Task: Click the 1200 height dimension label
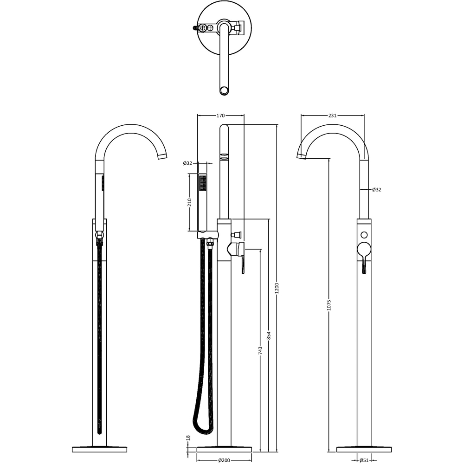(277, 289)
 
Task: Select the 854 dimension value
(269, 335)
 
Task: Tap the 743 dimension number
(260, 351)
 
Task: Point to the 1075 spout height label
(329, 305)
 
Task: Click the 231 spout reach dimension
(332, 116)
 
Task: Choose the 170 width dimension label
(220, 116)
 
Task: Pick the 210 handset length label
(189, 202)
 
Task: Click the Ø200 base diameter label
(224, 460)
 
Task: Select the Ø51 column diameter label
(364, 460)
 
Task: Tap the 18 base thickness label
(188, 438)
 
